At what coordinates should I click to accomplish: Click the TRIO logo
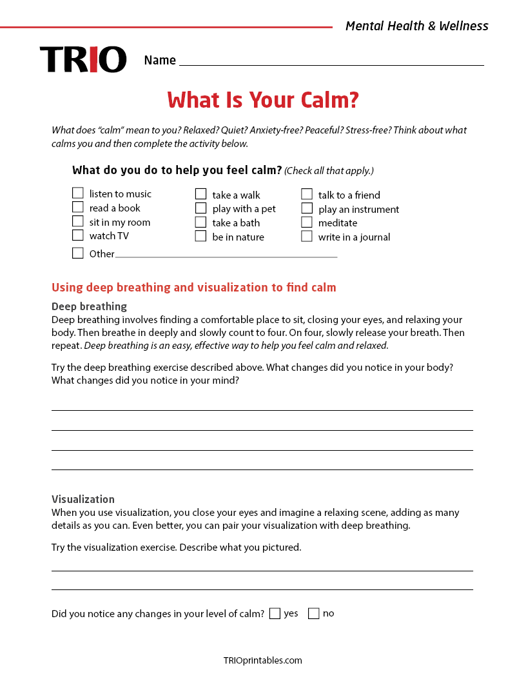83,59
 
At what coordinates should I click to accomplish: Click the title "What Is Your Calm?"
263,101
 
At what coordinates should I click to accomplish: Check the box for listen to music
78,193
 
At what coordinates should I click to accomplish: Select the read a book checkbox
78,207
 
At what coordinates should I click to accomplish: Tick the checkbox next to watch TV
78,235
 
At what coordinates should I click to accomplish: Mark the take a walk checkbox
201,194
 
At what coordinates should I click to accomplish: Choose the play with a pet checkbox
201,208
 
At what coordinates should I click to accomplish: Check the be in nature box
201,237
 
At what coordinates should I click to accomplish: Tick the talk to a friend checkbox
307,194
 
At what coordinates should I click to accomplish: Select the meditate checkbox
307,222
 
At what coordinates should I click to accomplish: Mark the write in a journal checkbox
307,237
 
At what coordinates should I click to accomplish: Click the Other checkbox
78,253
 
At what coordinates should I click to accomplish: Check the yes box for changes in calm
275,613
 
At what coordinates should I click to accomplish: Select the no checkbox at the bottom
314,613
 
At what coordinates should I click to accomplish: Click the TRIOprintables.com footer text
262,660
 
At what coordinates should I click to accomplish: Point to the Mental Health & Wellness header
416,26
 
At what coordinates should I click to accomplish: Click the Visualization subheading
83,499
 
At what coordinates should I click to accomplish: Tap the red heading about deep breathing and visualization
193,288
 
